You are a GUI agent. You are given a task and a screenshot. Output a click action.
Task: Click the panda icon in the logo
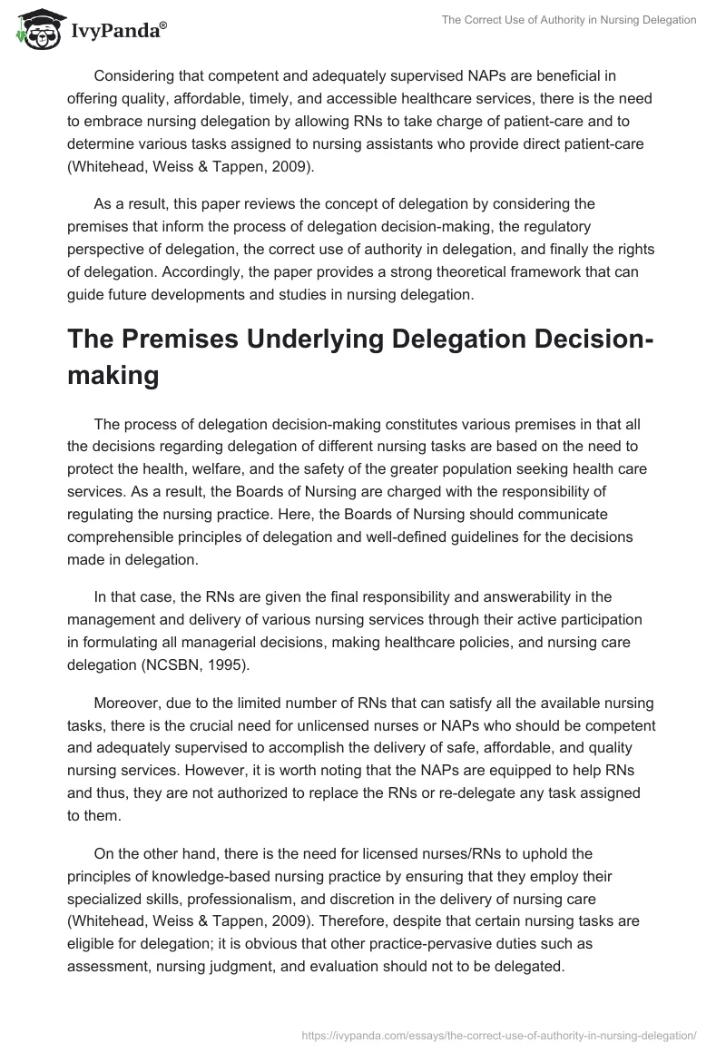pos(37,30)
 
